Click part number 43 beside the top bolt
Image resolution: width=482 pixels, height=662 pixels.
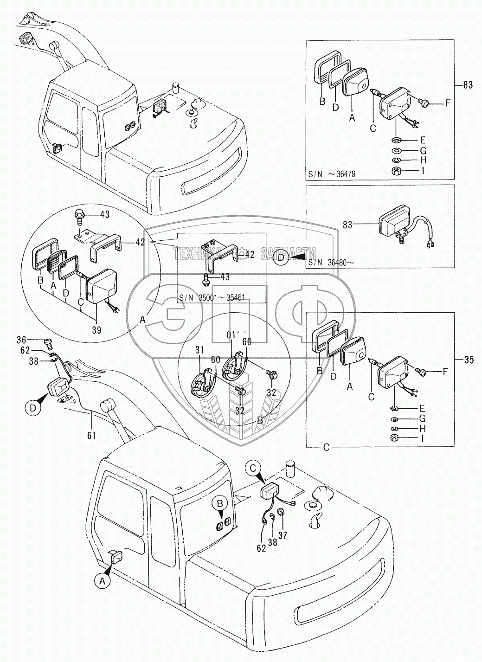point(105,215)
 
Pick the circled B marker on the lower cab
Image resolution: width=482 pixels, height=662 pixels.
point(219,503)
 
